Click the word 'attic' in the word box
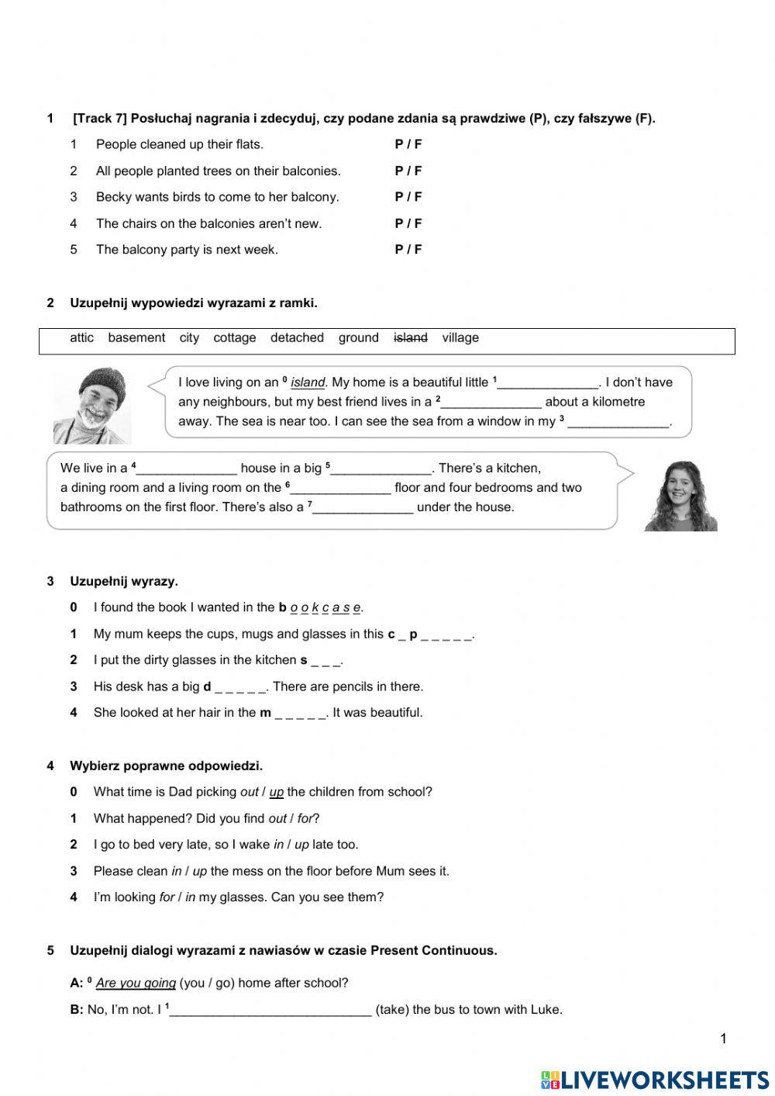(x=81, y=337)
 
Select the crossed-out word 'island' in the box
(x=411, y=337)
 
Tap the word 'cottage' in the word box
(x=234, y=337)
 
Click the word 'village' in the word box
(x=460, y=337)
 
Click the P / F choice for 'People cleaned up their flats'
(x=408, y=144)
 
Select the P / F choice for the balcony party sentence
(x=408, y=250)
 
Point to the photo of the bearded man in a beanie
(x=92, y=406)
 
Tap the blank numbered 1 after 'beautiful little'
(x=549, y=383)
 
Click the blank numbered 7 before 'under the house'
(x=363, y=508)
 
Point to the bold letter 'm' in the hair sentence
(x=265, y=713)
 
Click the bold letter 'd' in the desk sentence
(x=207, y=686)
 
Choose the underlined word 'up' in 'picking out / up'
(x=277, y=792)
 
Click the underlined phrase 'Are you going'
(x=136, y=983)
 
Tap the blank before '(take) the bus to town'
(x=270, y=1010)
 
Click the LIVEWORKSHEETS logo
(x=655, y=1079)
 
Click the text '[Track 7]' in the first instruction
(x=99, y=119)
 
